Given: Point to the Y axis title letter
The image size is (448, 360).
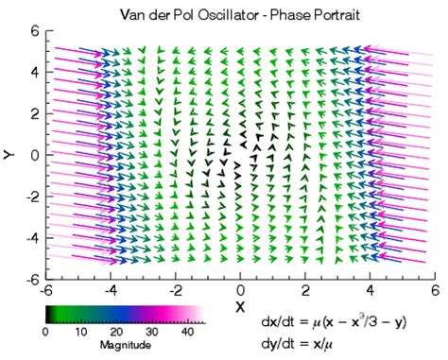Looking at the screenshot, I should (x=9, y=153).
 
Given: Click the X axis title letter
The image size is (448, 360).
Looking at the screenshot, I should (x=241, y=308).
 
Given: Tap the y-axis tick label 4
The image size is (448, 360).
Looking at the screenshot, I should (x=33, y=72).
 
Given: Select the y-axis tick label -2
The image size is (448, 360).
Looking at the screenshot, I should (x=30, y=197).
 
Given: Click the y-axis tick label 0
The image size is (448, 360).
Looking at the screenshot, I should (x=33, y=155).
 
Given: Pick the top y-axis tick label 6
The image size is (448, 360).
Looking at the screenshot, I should (x=33, y=30).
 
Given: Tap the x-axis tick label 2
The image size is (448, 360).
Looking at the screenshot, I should (x=305, y=289).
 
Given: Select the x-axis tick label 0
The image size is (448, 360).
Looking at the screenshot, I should (x=240, y=289).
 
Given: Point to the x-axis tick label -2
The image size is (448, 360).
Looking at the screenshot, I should (x=174, y=289).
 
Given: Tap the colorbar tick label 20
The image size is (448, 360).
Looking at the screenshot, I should (x=117, y=333).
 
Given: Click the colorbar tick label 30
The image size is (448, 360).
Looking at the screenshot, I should (x=153, y=333).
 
